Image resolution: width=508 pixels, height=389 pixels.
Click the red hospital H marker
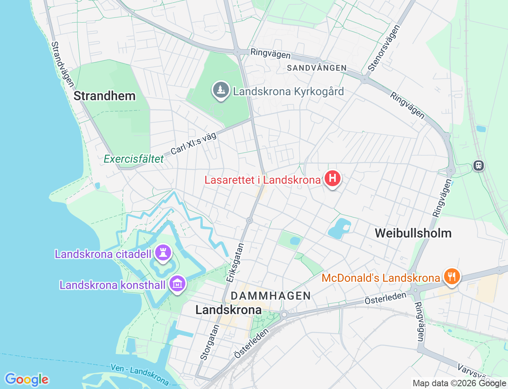pos(333,179)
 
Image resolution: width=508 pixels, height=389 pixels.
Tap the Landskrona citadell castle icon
pos(163,252)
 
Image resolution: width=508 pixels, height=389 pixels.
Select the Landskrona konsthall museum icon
pos(177,284)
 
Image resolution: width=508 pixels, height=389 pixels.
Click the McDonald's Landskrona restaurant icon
pos(452,276)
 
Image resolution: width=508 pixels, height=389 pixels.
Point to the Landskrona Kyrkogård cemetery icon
pos(221,90)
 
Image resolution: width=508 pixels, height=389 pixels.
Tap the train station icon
pos(479,166)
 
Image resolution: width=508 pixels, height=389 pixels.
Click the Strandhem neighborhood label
pos(105,96)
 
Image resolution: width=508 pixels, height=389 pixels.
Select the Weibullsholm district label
pos(413,233)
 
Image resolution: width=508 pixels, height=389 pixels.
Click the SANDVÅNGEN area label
pos(317,68)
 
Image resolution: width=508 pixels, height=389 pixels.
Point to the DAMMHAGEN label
pos(271,296)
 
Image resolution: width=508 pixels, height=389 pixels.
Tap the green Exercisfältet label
pos(134,159)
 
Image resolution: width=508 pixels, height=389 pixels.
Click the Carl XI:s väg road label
pos(194,143)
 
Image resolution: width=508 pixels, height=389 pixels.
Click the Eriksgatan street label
pos(235,263)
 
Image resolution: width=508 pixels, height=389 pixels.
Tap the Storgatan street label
pos(210,342)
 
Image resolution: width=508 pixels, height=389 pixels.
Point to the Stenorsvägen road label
pos(384,48)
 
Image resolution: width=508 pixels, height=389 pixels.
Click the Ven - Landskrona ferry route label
pos(140,374)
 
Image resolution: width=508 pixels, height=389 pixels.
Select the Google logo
pos(27,380)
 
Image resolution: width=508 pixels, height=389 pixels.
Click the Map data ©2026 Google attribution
pos(459,383)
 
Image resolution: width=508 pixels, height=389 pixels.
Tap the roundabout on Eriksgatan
pos(250,220)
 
